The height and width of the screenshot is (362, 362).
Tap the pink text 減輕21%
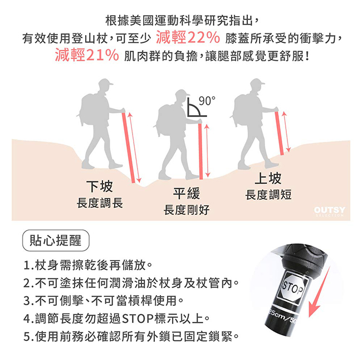[x=87, y=56]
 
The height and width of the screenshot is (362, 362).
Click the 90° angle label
[x=206, y=101]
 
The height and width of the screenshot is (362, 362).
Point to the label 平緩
[x=186, y=194]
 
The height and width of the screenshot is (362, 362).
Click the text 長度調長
[x=100, y=203]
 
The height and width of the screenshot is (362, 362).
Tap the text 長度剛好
[x=186, y=210]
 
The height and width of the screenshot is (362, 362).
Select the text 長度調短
[x=268, y=195]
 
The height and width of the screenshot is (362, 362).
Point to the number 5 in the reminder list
[x=27, y=336]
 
